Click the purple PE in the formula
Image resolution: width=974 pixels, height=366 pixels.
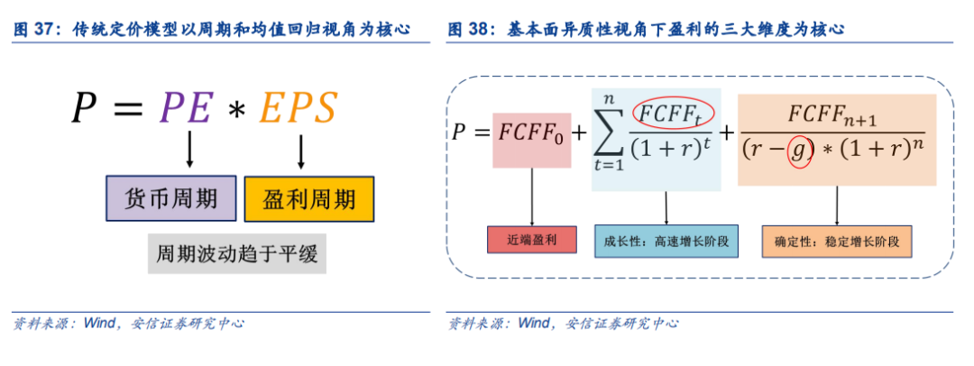[x=186, y=109]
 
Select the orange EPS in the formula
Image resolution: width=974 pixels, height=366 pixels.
[x=298, y=109]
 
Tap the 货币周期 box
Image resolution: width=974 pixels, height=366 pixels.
[x=170, y=198]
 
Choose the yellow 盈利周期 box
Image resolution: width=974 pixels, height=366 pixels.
[x=309, y=199]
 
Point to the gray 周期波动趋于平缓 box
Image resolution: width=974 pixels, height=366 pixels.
[x=236, y=253]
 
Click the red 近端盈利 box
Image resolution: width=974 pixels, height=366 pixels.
[x=532, y=239]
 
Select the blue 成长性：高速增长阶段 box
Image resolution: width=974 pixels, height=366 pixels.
[x=666, y=241]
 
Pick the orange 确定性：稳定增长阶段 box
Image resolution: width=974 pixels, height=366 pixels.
[x=837, y=241]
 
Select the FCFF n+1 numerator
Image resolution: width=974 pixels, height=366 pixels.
[x=832, y=115]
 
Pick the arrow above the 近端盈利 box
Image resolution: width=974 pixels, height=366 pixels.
[x=532, y=197]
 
